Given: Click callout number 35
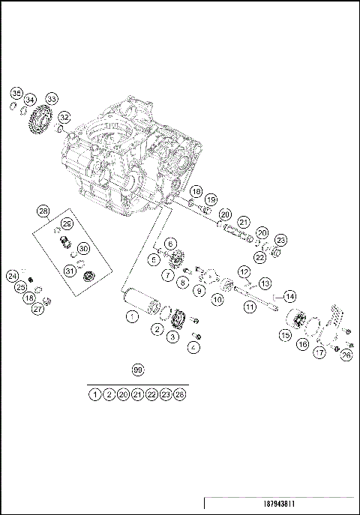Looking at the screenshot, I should pyautogui.click(x=16, y=93).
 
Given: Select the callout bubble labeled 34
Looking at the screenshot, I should pyautogui.click(x=30, y=100).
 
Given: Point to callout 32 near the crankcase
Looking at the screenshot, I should pyautogui.click(x=64, y=117).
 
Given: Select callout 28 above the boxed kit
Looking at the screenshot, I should pyautogui.click(x=43, y=212).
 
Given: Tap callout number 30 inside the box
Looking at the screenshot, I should pyautogui.click(x=82, y=248).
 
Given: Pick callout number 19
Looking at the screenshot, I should pyautogui.click(x=211, y=199).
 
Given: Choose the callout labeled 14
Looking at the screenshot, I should pyautogui.click(x=289, y=296).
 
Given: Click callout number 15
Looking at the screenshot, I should pyautogui.click(x=286, y=336).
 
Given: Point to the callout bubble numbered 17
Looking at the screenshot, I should pyautogui.click(x=320, y=352).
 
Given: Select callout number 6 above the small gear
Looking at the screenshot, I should pyautogui.click(x=170, y=244).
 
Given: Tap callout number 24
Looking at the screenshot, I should pyautogui.click(x=13, y=276).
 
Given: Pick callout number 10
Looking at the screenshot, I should pyautogui.click(x=217, y=300).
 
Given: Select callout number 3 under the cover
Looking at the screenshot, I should pyautogui.click(x=172, y=338).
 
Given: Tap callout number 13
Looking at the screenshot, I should pyautogui.click(x=265, y=283).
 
